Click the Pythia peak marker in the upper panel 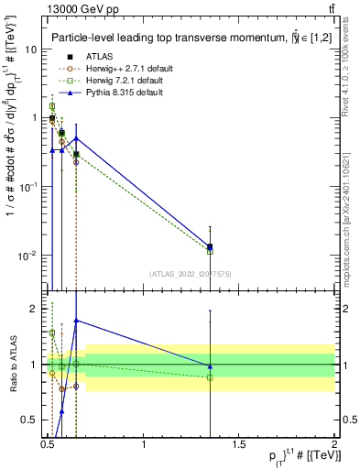coord(76,138)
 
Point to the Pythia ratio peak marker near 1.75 coord(76,321)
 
